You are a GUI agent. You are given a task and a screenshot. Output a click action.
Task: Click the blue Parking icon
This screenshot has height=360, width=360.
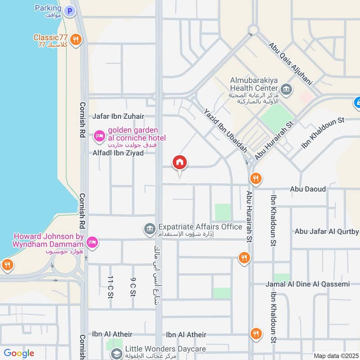point(69,11)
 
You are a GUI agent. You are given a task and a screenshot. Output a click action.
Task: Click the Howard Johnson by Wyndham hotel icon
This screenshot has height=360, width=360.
point(92,242)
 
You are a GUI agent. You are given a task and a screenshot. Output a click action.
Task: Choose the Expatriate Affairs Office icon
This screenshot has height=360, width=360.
point(149,229)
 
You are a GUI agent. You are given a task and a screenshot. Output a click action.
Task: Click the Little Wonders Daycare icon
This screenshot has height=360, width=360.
point(117,353)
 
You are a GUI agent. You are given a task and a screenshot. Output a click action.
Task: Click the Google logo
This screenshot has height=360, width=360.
point(18,353)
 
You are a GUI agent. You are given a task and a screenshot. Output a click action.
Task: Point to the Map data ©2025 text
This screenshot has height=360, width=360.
point(335,355)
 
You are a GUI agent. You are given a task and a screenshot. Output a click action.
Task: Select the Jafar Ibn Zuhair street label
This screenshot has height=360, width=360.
point(118,116)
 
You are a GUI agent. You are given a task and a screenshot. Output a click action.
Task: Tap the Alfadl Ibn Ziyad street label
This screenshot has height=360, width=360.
point(118,153)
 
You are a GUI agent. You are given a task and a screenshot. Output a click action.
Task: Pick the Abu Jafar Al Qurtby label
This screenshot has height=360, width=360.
point(326,232)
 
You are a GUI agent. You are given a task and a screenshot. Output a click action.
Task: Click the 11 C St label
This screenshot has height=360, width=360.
point(110,288)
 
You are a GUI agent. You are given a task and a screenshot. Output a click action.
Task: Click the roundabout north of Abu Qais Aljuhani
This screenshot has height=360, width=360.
point(253,30)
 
